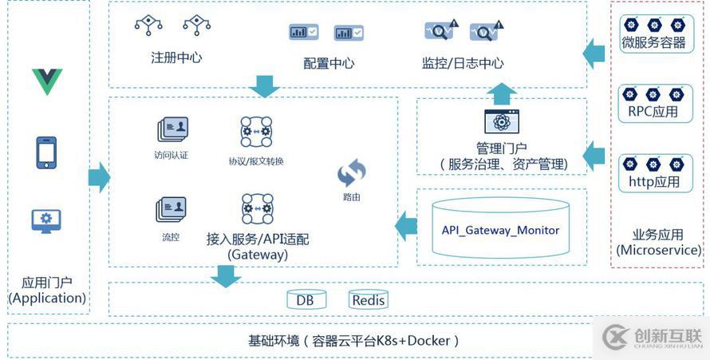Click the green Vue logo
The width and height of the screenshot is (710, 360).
pos(47,81)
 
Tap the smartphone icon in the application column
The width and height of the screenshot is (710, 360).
pos(46,152)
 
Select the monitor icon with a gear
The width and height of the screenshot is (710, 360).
pos(46,220)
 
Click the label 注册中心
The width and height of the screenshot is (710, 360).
pos(176,58)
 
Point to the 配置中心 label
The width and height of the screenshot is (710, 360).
pos(329,63)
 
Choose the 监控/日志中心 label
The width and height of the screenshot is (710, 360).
pos(463,63)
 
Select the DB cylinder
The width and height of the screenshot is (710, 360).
pos(306,300)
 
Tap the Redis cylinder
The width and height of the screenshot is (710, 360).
pos(369,300)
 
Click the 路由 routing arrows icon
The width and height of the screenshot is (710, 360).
pos(352,172)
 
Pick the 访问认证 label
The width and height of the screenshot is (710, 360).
pos(172,156)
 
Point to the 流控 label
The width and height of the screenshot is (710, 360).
pos(171,237)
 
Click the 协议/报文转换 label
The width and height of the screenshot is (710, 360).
pos(256,161)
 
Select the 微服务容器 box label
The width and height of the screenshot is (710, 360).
pos(654,44)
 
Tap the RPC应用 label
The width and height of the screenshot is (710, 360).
pos(654,113)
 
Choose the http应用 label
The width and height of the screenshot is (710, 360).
pos(654,182)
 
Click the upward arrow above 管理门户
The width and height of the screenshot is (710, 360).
pos(502,93)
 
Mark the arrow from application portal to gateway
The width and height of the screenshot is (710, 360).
pos(99,177)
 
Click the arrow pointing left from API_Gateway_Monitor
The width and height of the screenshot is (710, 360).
pos(406,226)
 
